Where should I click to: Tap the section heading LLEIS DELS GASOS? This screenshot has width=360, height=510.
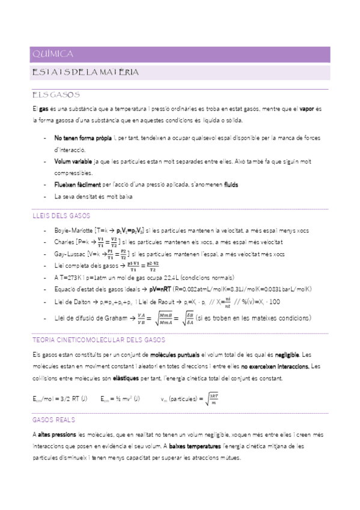click(61, 215)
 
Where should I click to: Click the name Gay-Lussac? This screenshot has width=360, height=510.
click(69, 254)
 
